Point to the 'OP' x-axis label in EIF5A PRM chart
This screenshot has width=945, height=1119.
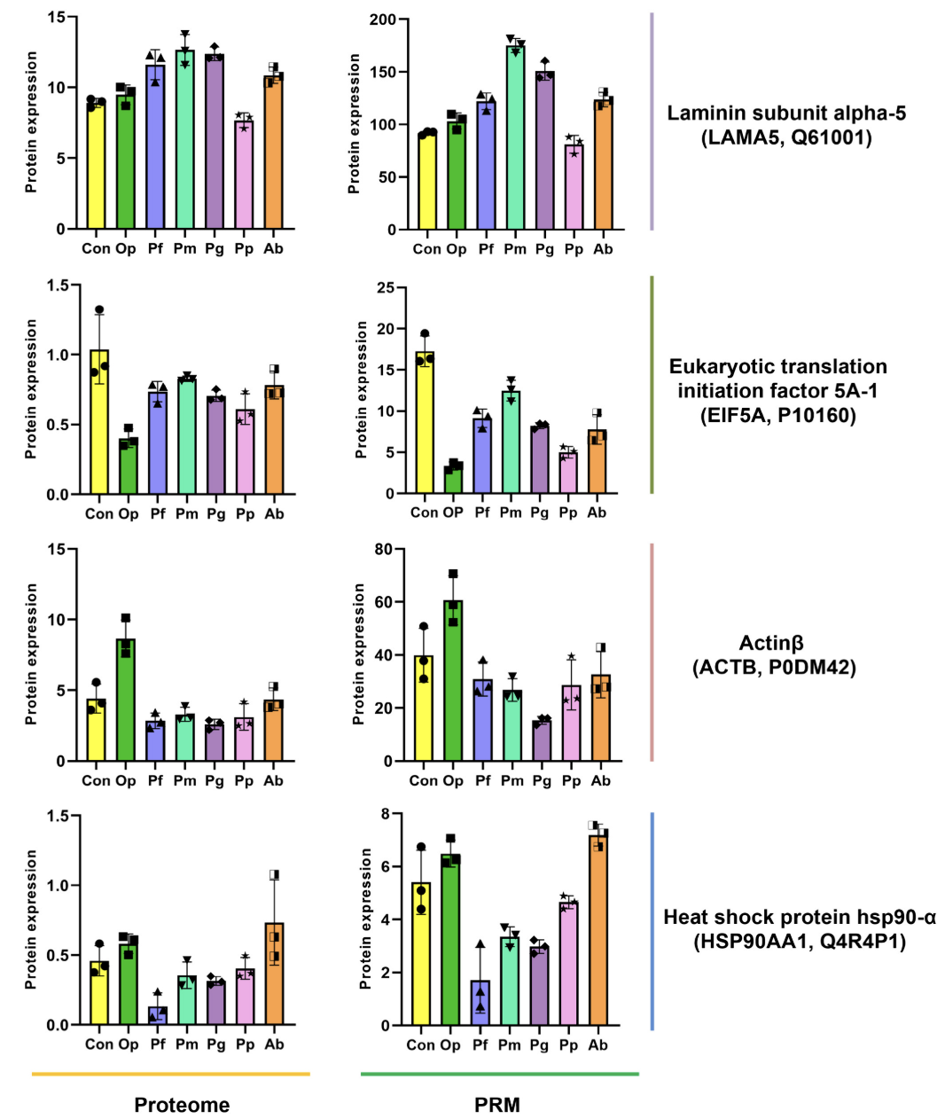click(453, 513)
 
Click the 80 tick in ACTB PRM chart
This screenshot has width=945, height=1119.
click(383, 550)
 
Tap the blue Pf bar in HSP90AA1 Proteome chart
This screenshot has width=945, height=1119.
click(158, 1016)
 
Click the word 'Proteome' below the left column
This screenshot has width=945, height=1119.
click(182, 1105)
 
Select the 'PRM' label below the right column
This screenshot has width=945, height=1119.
click(497, 1105)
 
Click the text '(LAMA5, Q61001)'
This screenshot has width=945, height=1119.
click(786, 137)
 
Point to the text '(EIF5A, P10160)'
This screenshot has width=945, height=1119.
click(778, 415)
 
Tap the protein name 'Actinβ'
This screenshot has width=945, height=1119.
click(771, 643)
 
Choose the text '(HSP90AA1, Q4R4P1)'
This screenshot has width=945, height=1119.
click(800, 941)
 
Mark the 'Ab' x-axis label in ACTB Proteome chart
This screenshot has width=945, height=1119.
click(273, 780)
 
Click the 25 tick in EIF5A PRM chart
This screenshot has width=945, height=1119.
click(386, 288)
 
